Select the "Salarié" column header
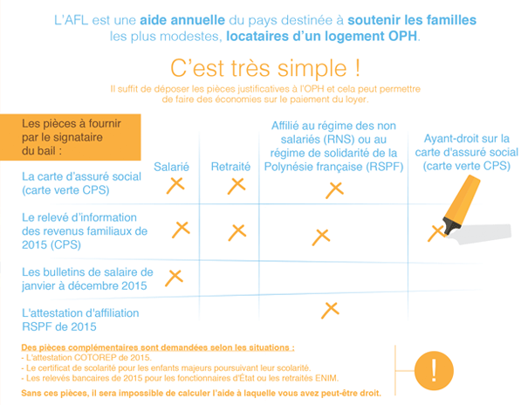pos(172,166)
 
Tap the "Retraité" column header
pos(230,166)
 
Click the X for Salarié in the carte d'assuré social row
pos(175,184)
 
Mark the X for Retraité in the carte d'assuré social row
pos(237,185)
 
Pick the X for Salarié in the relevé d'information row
pos(182,229)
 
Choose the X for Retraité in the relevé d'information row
pos(237,231)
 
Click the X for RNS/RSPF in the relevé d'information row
pos(320,236)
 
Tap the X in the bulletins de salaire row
pos(175,276)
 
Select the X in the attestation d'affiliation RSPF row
pos(330,307)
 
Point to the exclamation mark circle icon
pos(434,367)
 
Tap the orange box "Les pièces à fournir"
pos(72,136)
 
